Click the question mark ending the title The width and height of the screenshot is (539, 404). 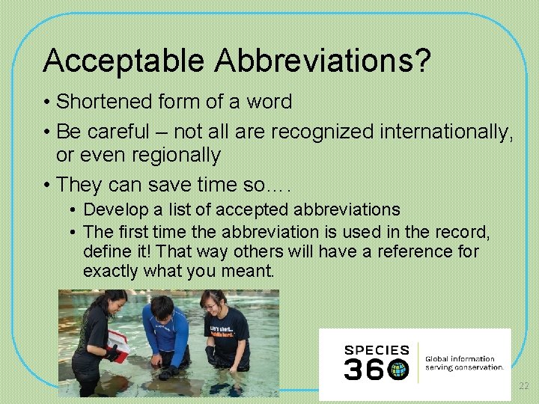pyautogui.click(x=423, y=61)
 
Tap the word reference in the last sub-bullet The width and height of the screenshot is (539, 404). pyautogui.click(x=414, y=251)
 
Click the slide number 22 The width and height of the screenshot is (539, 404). pyautogui.click(x=523, y=385)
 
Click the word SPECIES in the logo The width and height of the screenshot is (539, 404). pyautogui.click(x=377, y=350)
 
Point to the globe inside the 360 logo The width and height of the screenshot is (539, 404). pyautogui.click(x=399, y=369)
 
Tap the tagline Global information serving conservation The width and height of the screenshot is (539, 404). pyautogui.click(x=464, y=363)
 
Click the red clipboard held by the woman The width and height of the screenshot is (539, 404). pyautogui.click(x=118, y=343)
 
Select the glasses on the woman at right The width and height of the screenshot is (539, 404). pyautogui.click(x=211, y=305)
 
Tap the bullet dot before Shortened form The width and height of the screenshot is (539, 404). pyautogui.click(x=46, y=102)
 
